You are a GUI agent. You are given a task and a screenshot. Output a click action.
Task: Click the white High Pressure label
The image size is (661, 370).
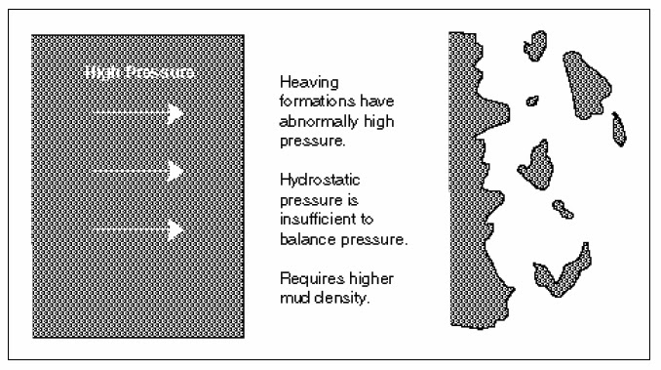(x=139, y=73)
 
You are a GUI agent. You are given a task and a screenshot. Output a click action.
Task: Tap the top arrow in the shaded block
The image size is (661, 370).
(x=137, y=113)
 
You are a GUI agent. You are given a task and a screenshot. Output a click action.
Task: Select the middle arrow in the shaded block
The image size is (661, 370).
(x=137, y=171)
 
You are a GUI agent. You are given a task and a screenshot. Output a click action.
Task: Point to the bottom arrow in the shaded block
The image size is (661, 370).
(x=137, y=230)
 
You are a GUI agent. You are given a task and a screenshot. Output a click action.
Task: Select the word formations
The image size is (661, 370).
(x=314, y=102)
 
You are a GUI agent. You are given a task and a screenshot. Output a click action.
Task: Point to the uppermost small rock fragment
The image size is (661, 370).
(x=534, y=43)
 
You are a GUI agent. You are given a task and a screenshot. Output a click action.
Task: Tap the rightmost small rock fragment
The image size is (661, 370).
(x=618, y=128)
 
